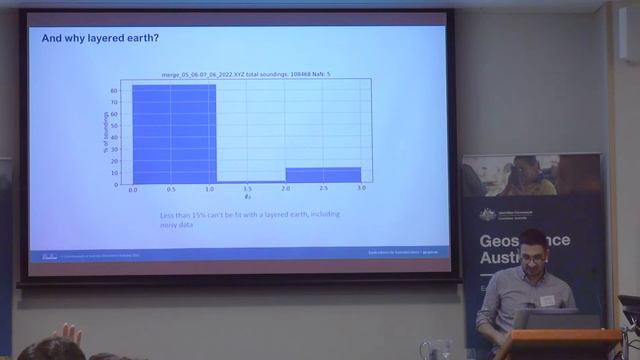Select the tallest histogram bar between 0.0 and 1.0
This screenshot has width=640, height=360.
click(174, 134)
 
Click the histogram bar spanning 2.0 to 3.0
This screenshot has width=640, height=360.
click(323, 175)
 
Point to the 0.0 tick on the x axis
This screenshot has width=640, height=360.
click(133, 189)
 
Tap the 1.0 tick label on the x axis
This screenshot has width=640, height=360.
click(209, 189)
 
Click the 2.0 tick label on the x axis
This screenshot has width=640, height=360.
click(285, 189)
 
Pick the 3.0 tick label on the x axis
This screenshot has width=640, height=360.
click(361, 189)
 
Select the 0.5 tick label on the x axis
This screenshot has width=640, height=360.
click(171, 189)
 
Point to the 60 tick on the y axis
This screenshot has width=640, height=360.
click(115, 91)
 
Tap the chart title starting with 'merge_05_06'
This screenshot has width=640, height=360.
click(246, 76)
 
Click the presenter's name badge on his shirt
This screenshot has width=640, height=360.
click(547, 299)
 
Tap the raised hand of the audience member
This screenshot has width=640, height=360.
click(69, 333)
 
